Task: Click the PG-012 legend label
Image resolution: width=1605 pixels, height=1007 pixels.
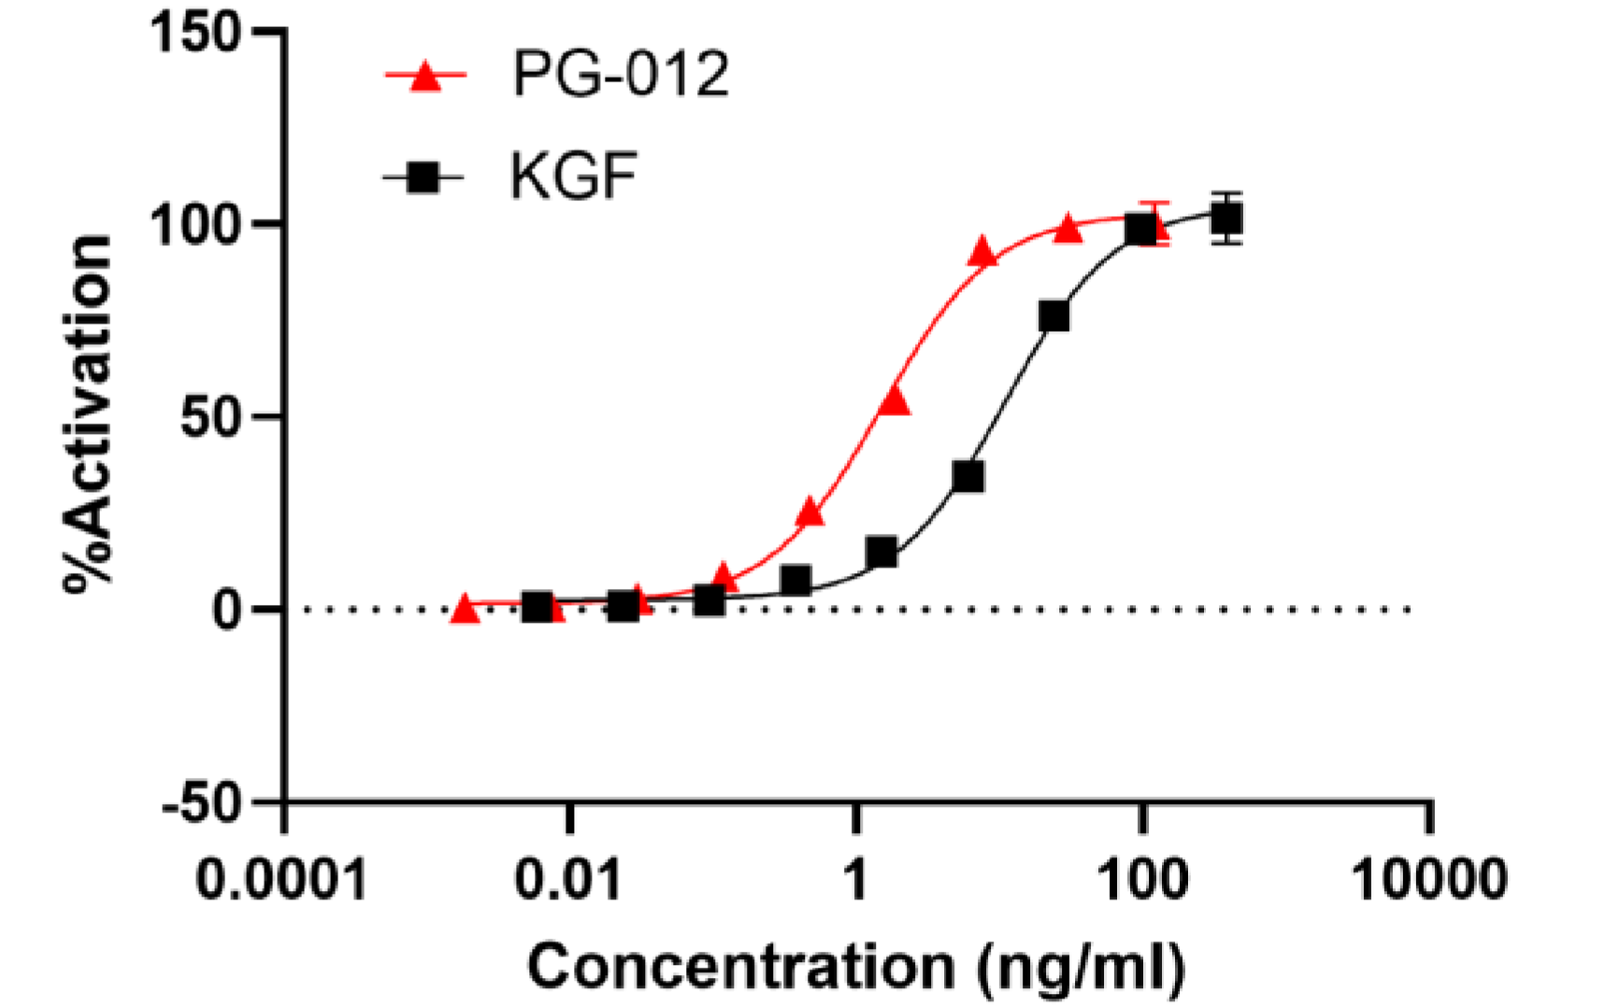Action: (620, 74)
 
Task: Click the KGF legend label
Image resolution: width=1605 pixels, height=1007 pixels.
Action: (573, 175)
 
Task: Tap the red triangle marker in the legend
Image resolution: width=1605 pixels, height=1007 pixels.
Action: (426, 76)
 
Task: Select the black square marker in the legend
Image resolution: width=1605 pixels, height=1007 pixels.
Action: (423, 176)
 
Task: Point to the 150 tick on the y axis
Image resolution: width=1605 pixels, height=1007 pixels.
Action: (197, 34)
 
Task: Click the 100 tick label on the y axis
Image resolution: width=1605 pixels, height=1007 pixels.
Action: (197, 225)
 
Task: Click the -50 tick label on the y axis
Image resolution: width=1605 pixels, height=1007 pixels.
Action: (202, 802)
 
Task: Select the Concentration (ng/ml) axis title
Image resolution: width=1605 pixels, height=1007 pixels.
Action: (855, 967)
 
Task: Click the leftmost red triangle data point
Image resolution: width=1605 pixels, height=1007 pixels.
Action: (465, 610)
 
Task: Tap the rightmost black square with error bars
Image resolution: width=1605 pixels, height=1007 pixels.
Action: (1226, 219)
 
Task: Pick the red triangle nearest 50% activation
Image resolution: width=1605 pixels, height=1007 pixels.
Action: (895, 400)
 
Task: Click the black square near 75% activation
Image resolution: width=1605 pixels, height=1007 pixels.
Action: (1053, 316)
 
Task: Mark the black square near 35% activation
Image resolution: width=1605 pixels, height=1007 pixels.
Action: (968, 477)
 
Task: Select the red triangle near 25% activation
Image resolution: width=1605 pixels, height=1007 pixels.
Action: (810, 511)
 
